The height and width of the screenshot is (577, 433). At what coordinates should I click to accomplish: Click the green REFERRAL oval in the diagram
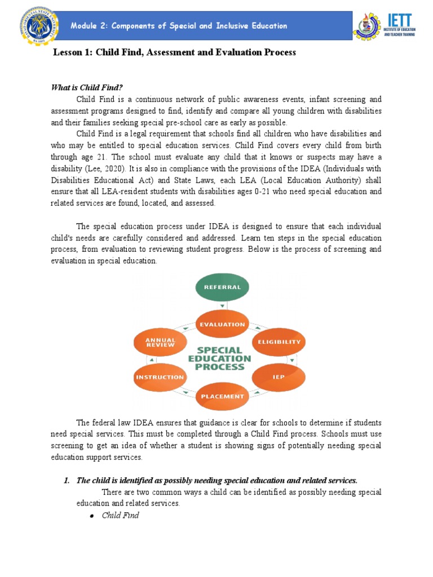[222, 287]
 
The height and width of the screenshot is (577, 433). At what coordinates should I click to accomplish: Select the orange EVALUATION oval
[222, 324]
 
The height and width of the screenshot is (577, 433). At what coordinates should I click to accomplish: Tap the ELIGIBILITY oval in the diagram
[279, 342]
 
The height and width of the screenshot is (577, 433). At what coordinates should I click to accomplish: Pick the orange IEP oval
[279, 376]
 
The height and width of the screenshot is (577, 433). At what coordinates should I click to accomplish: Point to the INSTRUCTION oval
[160, 377]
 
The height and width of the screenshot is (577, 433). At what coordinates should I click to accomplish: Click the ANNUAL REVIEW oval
[161, 342]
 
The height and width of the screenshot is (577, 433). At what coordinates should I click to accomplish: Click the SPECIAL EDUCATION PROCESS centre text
[220, 358]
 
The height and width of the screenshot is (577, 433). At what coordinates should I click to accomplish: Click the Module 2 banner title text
[179, 26]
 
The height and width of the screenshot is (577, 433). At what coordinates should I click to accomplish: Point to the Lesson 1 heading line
[174, 52]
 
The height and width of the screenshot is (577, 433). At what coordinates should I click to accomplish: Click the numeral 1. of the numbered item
[66, 480]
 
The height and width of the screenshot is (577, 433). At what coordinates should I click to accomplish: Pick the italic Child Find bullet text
[120, 516]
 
